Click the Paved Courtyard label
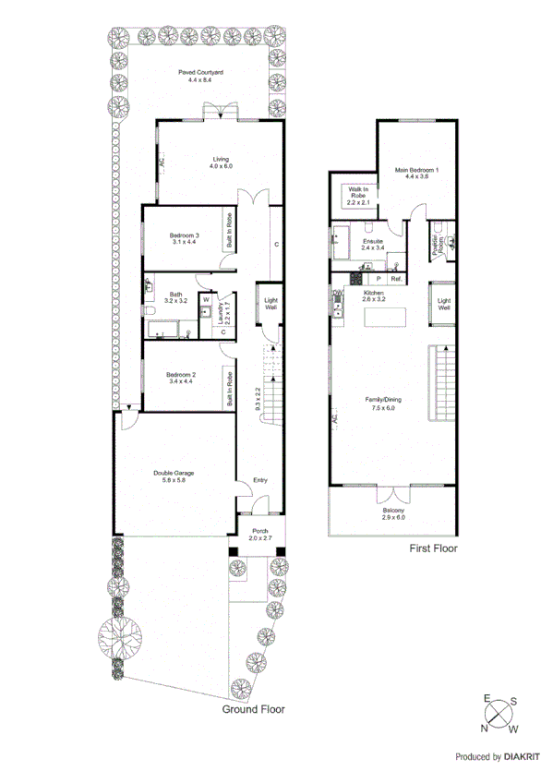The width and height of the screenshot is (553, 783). tap(200, 76)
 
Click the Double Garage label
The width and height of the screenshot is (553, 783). tap(174, 477)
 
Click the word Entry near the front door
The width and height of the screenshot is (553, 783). tap(261, 480)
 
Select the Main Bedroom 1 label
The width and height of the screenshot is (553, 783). tap(417, 174)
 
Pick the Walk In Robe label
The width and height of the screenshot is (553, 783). tap(357, 195)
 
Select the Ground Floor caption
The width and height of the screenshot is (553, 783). tap(253, 710)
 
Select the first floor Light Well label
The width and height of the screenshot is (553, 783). tap(443, 303)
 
